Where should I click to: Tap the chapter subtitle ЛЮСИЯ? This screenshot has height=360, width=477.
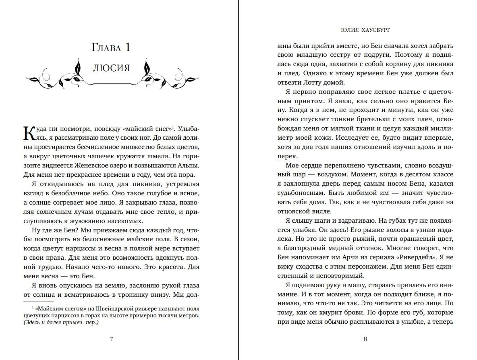[x=111, y=68]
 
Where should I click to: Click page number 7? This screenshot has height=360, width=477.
[x=111, y=339]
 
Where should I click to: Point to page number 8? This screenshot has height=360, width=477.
[x=365, y=339]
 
